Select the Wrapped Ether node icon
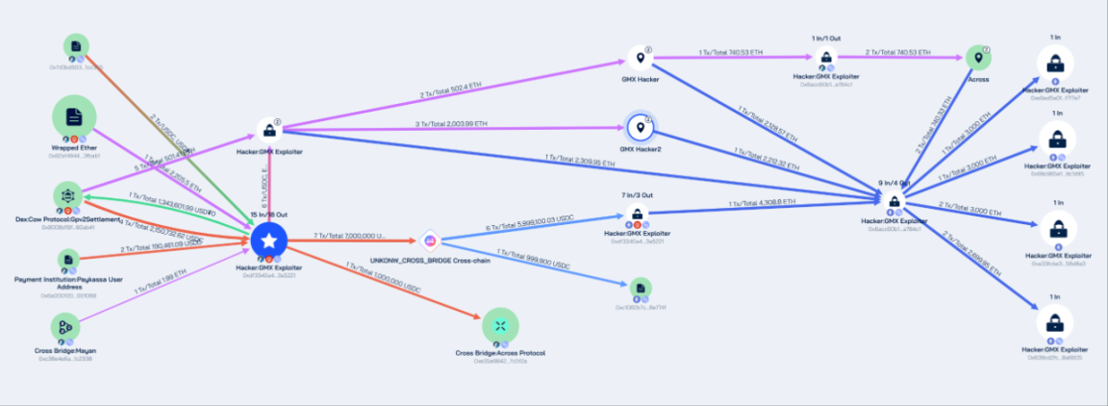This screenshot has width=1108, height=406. pyautogui.click(x=73, y=117)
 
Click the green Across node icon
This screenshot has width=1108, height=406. pyautogui.click(x=977, y=58)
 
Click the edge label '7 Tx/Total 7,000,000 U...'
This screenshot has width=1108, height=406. pyautogui.click(x=350, y=235)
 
